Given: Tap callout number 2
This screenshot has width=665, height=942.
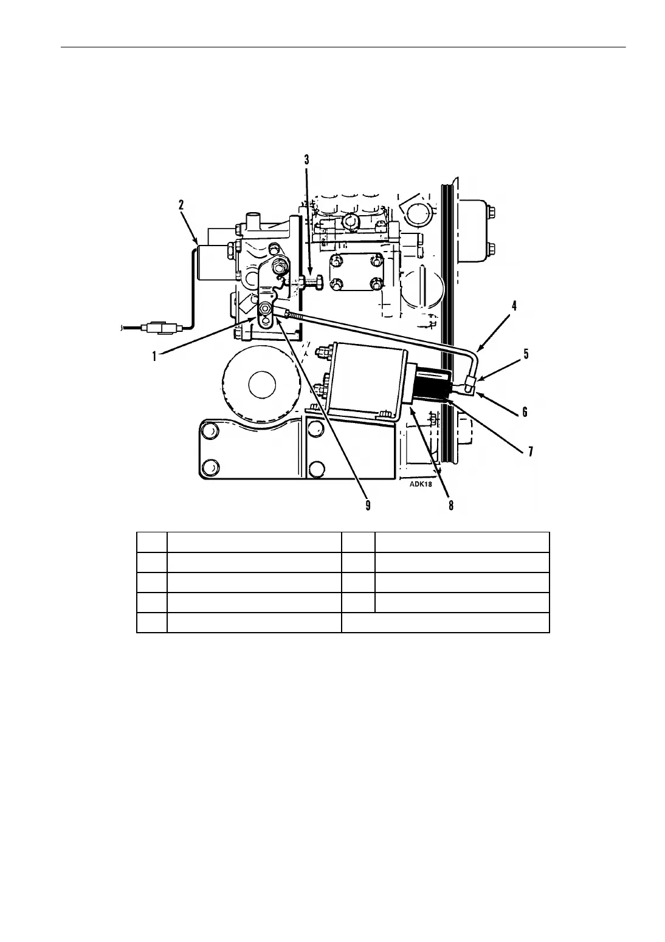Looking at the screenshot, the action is point(181,205).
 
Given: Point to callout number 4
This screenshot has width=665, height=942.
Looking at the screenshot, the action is point(514,306).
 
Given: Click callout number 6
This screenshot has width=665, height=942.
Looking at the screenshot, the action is point(525,411).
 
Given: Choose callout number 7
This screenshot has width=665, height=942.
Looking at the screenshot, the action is point(530,451).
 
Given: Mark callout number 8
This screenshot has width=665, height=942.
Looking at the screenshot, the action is point(450,505).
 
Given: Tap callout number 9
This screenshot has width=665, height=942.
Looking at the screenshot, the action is point(368,505).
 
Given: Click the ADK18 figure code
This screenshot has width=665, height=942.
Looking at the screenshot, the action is point(412,485).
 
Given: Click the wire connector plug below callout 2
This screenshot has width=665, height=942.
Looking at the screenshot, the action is point(160,329).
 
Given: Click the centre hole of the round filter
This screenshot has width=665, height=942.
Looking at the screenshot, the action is point(262,384).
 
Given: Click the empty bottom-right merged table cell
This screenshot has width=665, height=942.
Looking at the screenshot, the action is point(446,622).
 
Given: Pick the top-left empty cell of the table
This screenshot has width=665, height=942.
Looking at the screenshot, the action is point(152,542).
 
